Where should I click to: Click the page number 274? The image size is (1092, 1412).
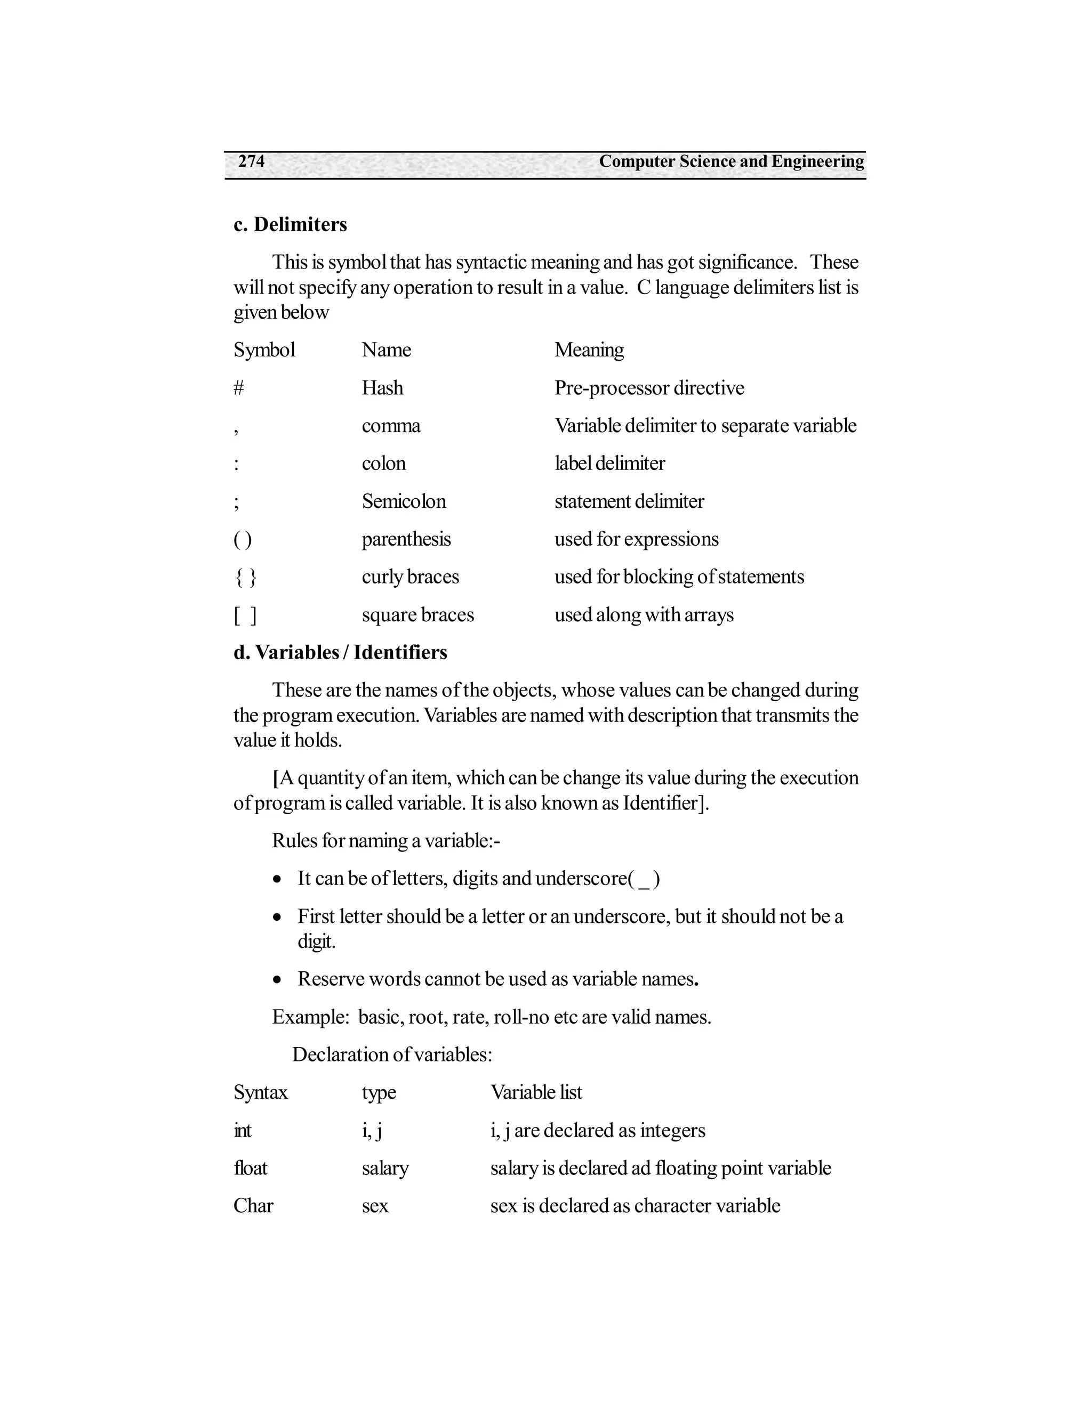[x=251, y=161]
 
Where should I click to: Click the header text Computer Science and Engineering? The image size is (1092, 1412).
[x=731, y=161]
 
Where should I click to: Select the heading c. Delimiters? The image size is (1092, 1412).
[x=290, y=224]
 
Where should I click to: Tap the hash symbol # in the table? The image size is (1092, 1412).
[x=239, y=388]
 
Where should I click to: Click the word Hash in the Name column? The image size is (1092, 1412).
[x=382, y=388]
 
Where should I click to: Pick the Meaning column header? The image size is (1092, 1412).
[x=589, y=350]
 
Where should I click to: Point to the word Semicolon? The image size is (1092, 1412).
[x=404, y=501]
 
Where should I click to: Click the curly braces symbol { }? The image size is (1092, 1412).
[x=245, y=577]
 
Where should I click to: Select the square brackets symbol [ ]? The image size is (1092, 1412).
[x=245, y=615]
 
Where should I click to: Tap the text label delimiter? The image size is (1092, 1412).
[x=609, y=464]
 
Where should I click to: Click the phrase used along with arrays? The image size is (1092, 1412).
[x=644, y=615]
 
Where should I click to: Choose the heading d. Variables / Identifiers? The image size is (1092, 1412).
[x=340, y=652]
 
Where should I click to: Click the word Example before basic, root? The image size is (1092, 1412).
[x=310, y=1017]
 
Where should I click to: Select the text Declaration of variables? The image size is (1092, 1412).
[x=392, y=1054]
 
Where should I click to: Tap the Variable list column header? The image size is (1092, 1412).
[x=536, y=1093]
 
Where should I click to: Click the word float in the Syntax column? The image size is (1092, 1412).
[x=251, y=1168]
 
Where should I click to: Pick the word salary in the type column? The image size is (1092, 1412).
[x=385, y=1168]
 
